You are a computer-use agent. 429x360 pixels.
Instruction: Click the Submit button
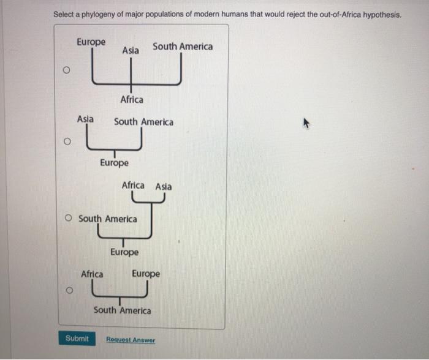[x=77, y=339]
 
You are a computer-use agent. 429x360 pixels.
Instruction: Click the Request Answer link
[x=131, y=340]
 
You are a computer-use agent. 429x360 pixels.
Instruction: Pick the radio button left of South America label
[x=70, y=219]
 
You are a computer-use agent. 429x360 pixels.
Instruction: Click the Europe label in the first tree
[x=91, y=42]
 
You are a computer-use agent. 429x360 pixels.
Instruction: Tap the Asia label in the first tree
[x=130, y=50]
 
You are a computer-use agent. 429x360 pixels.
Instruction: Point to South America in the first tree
[x=183, y=47]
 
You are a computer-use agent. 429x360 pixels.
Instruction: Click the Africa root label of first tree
[x=132, y=99]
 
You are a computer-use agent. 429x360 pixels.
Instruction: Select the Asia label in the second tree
[x=85, y=119]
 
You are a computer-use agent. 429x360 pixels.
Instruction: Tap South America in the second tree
[x=143, y=122]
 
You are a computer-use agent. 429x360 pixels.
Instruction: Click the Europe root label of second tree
[x=114, y=163]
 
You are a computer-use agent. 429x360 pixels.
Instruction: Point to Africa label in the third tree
[x=133, y=185]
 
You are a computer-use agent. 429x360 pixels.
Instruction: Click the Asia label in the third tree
[x=163, y=186]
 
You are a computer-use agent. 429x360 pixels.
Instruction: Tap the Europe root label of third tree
[x=124, y=252]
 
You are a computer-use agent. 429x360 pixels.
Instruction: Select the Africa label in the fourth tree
[x=92, y=274]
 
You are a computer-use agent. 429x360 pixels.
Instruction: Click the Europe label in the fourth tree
[x=145, y=274]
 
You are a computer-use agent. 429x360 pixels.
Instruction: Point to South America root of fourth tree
[x=122, y=310]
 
